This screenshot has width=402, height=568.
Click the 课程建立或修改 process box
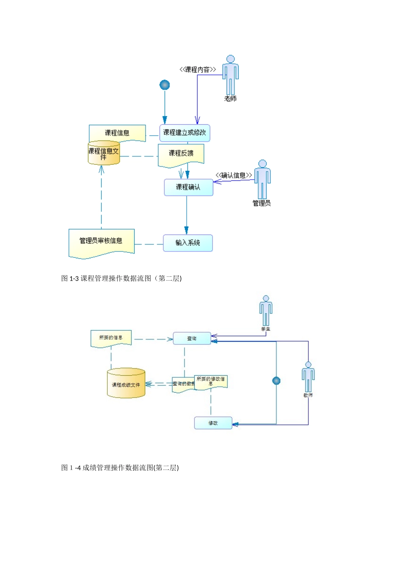tap(184, 133)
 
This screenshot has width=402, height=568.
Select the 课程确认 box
tap(188, 187)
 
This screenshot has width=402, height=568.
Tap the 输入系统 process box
tap(187, 243)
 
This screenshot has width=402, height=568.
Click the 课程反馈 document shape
tap(181, 155)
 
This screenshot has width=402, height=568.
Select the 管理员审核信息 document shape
tap(101, 243)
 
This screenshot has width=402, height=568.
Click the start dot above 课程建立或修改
tap(165, 85)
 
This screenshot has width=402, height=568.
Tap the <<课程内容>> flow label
tap(198, 70)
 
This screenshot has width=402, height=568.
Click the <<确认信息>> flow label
tap(234, 175)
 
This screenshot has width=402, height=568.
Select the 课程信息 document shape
tap(117, 133)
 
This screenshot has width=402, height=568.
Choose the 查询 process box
tap(192, 339)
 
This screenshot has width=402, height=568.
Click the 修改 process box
tap(213, 423)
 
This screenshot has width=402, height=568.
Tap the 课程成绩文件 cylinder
tap(126, 383)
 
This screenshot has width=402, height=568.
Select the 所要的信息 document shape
tap(111, 339)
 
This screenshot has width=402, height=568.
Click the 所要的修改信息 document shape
tap(211, 381)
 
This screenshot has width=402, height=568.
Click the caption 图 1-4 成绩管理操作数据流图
tap(120, 467)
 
